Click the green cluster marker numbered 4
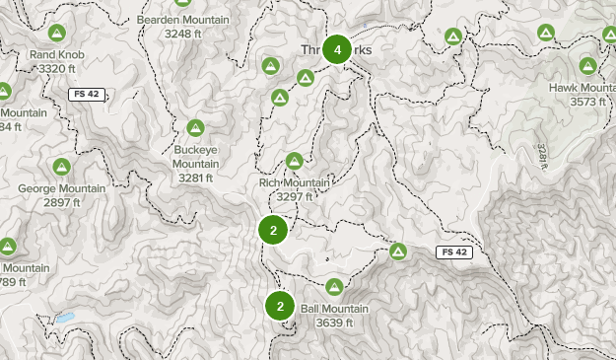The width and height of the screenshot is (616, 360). tap(338, 49)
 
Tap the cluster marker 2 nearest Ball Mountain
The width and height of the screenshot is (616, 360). tap(280, 307)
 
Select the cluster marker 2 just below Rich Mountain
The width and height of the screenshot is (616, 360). tap(273, 230)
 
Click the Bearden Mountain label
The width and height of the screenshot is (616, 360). tap(183, 20)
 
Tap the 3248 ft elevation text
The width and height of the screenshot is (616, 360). tap(183, 34)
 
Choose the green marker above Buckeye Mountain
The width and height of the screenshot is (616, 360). tap(195, 128)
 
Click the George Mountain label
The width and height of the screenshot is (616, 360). tap(61, 188)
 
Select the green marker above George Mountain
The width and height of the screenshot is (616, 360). tap(62, 167)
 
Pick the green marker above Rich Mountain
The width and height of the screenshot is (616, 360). tap(294, 161)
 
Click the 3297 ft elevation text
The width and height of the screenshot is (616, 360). tap(294, 196)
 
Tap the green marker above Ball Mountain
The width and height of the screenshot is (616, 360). tap(334, 287)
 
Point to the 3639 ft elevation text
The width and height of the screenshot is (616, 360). tap(335, 323)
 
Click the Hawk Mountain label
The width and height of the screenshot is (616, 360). tap(587, 88)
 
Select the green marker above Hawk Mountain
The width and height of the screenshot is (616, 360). tap(588, 66)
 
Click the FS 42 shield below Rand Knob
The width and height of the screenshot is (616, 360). tap(86, 94)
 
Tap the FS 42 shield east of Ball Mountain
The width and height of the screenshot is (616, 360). tap(454, 252)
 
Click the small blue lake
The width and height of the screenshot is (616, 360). tap(64, 319)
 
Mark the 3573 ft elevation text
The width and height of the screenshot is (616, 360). tap(587, 102)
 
